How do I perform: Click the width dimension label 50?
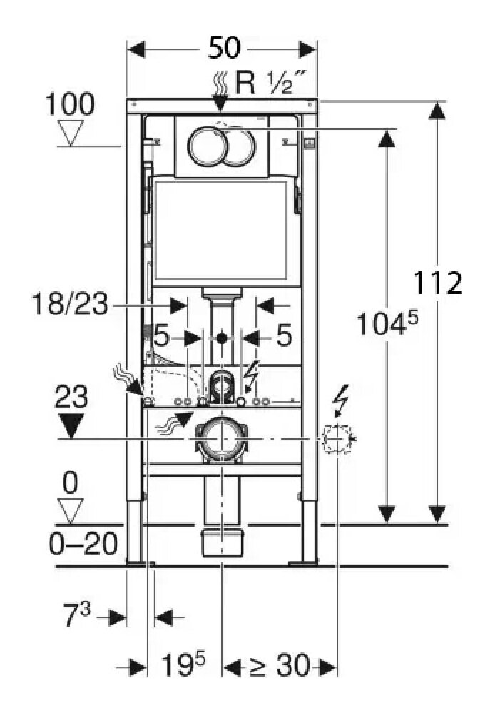(223, 49)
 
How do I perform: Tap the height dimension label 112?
(439, 283)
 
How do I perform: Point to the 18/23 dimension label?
(70, 305)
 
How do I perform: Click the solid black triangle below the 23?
(71, 425)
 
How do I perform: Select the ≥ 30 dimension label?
(279, 667)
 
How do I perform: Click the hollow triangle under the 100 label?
(70, 132)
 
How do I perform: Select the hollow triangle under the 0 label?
(69, 509)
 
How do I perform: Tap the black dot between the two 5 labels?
(223, 338)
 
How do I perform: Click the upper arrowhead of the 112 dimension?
(438, 111)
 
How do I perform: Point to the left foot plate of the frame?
(136, 563)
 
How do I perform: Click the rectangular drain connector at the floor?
(223, 542)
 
